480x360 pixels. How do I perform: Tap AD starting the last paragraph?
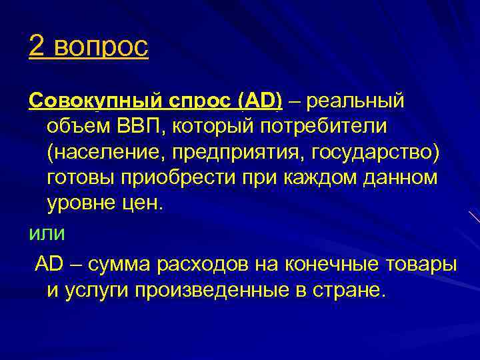(49, 263)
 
